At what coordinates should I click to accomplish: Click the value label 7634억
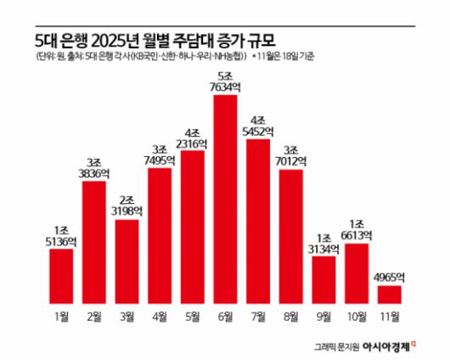tap(225, 85)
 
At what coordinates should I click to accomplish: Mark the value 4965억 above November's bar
tap(389, 277)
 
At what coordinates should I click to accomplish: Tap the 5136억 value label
tap(61, 240)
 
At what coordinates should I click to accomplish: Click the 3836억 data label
tap(94, 172)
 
